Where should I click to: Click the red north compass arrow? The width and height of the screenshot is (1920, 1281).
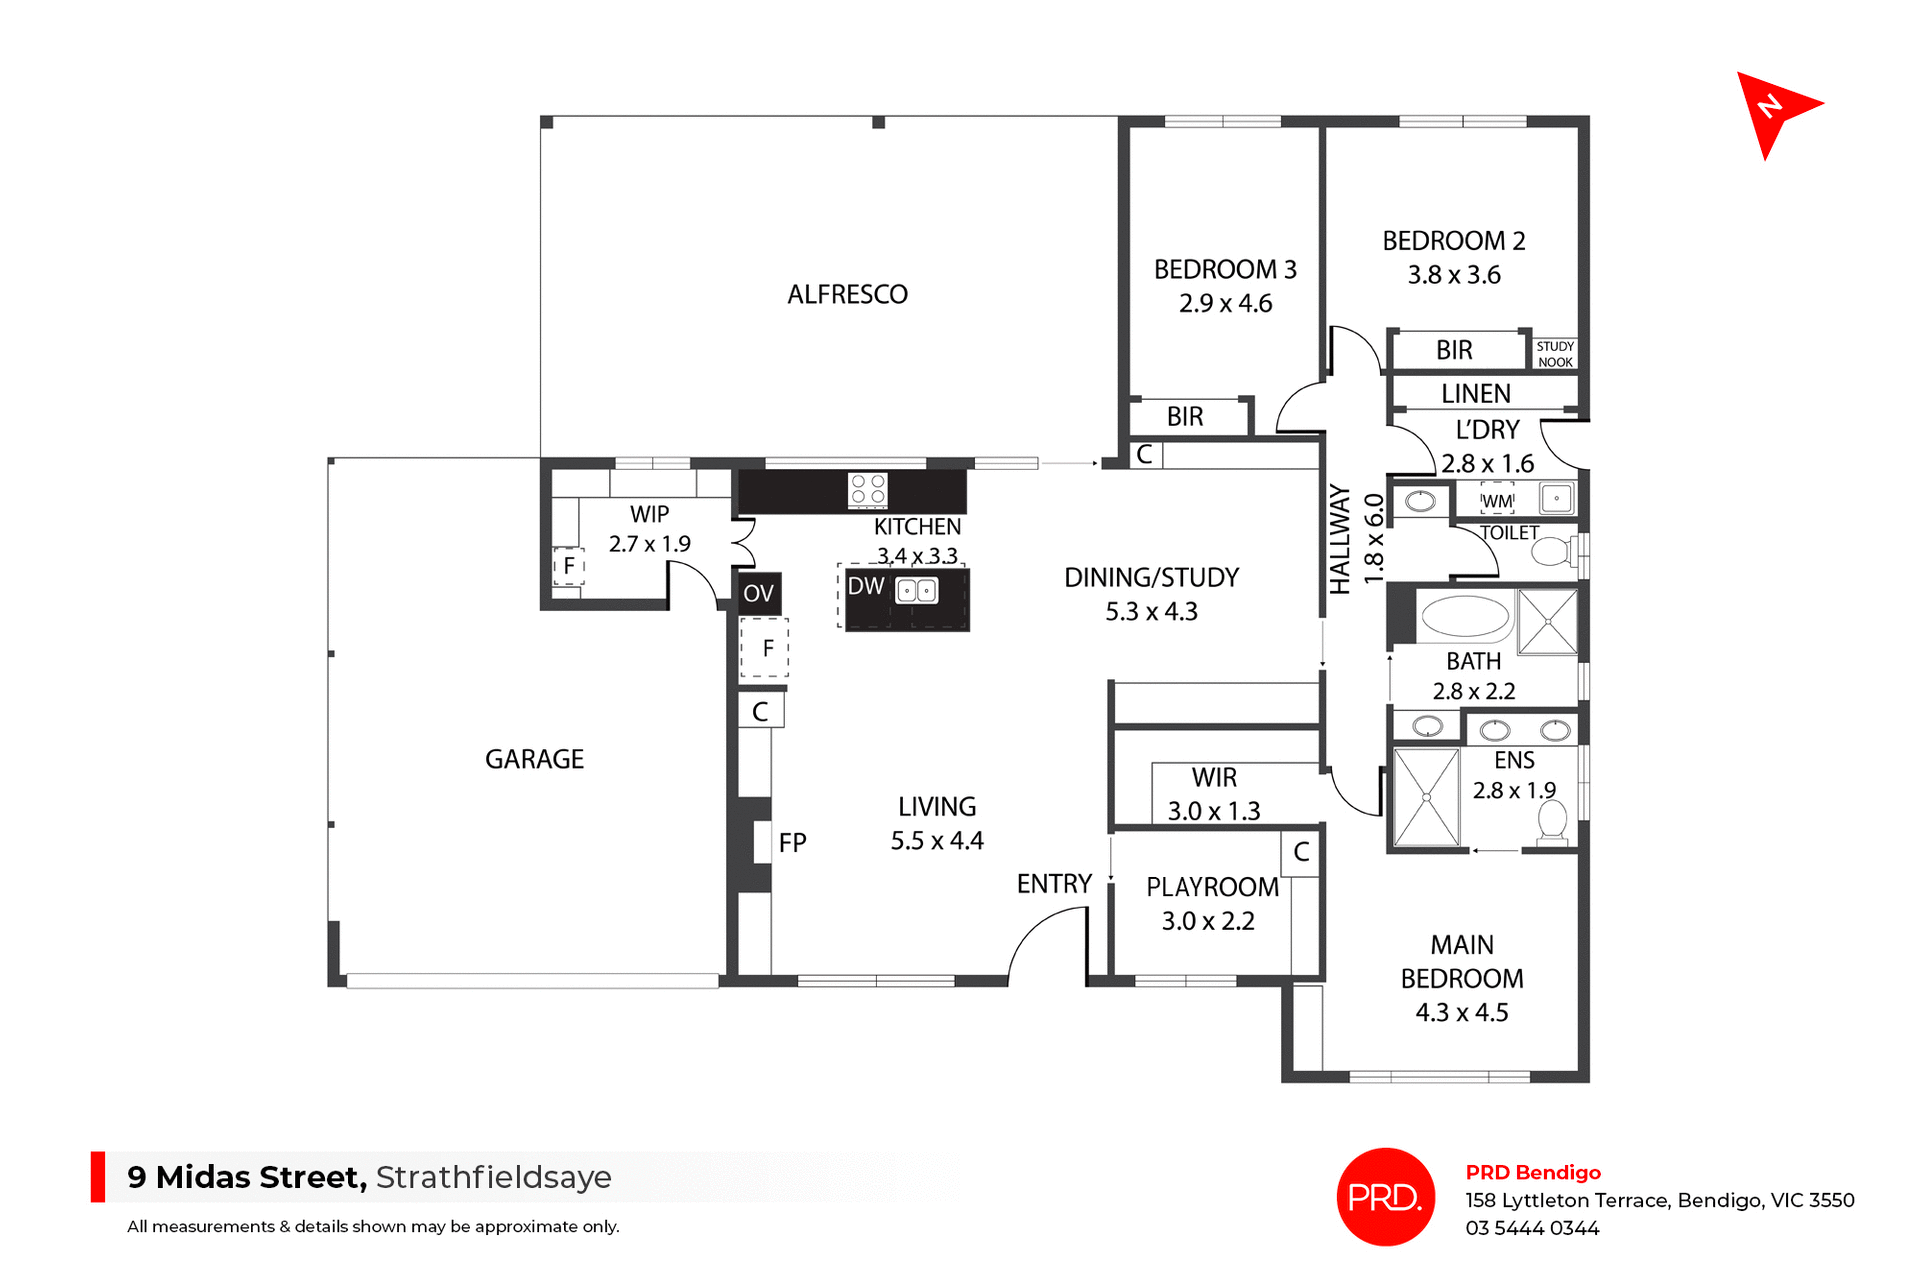pyautogui.click(x=1774, y=109)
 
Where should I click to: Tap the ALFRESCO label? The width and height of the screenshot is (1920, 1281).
pyautogui.click(x=847, y=295)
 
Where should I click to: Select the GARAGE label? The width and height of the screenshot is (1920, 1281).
pyautogui.click(x=534, y=760)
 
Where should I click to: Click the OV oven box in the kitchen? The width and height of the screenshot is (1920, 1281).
pyautogui.click(x=759, y=594)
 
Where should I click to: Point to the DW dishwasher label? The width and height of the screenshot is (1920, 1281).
pyautogui.click(x=866, y=587)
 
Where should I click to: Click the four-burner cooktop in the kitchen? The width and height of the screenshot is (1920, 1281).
pyautogui.click(x=867, y=490)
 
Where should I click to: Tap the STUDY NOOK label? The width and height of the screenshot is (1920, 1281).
pyautogui.click(x=1555, y=354)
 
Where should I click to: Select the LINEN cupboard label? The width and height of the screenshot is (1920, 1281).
pyautogui.click(x=1475, y=394)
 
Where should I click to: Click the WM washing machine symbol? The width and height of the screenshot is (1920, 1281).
pyautogui.click(x=1497, y=501)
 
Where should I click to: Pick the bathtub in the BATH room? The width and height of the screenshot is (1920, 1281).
pyautogui.click(x=1465, y=617)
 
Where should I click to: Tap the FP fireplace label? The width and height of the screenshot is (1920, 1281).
pyautogui.click(x=792, y=844)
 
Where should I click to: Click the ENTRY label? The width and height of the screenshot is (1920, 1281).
pyautogui.click(x=1054, y=884)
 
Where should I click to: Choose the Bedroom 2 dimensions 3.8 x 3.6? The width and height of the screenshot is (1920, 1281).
pyautogui.click(x=1454, y=275)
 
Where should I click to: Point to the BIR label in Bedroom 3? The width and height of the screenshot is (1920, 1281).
pyautogui.click(x=1185, y=417)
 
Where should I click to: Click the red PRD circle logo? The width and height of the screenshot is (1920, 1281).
pyautogui.click(x=1385, y=1197)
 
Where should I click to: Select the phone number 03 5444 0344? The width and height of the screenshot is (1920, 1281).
pyautogui.click(x=1532, y=1228)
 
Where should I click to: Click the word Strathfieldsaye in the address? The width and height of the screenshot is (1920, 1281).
pyautogui.click(x=493, y=1177)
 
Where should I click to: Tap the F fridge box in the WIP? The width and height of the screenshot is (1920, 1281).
pyautogui.click(x=569, y=566)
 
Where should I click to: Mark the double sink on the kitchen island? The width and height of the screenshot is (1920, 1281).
pyautogui.click(x=916, y=591)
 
